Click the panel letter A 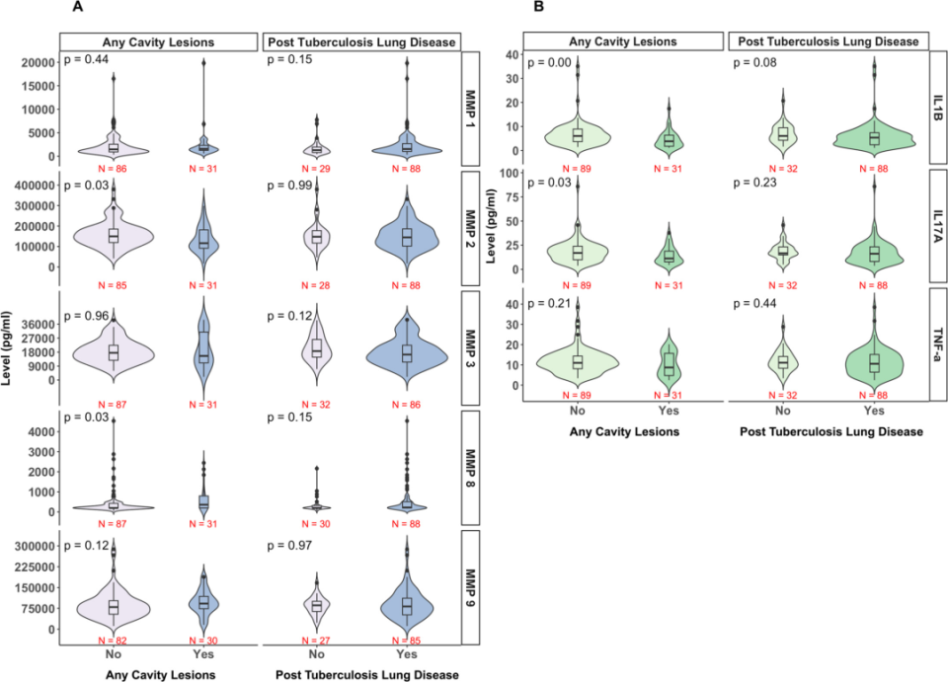(x=77, y=8)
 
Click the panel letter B (x=538, y=8)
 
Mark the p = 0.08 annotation (x=753, y=64)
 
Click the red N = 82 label (x=114, y=641)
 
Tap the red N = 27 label (x=316, y=641)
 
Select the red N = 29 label (x=316, y=168)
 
